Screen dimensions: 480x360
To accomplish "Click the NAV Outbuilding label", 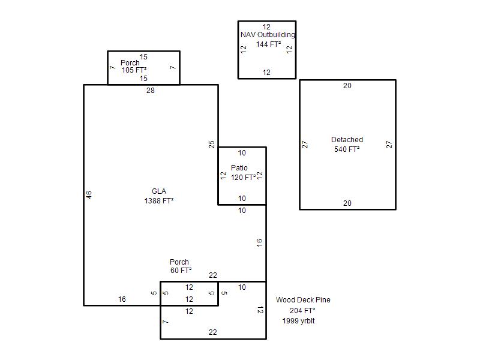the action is click(x=268, y=35).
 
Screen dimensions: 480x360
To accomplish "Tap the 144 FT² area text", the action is click(x=268, y=44).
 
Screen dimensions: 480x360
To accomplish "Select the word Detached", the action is click(x=347, y=140).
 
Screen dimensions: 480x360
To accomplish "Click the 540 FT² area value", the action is click(x=347, y=149).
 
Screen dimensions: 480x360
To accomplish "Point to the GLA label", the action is click(x=159, y=191).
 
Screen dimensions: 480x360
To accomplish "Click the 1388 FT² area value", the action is click(x=159, y=201).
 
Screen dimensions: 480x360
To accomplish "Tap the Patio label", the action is click(x=239, y=168).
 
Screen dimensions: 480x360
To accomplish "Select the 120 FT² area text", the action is click(x=244, y=177).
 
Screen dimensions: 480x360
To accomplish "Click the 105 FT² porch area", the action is click(x=134, y=70).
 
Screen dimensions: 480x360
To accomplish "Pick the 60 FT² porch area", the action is click(x=181, y=271).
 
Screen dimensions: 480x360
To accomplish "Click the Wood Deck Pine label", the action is click(x=303, y=299).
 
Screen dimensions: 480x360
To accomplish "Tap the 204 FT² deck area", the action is click(x=302, y=310).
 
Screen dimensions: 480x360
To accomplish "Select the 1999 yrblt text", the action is click(x=298, y=321).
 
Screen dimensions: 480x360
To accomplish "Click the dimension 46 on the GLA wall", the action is click(x=89, y=194).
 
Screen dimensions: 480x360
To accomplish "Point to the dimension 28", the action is click(x=151, y=91).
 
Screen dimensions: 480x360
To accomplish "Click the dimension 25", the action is click(x=212, y=144).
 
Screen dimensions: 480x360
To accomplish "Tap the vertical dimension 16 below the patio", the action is click(x=260, y=243).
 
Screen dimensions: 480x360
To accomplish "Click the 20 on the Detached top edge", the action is click(x=347, y=86).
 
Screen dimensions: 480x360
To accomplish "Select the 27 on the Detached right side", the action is click(x=389, y=145).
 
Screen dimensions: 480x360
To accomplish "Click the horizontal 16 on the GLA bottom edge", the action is click(x=122, y=299).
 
